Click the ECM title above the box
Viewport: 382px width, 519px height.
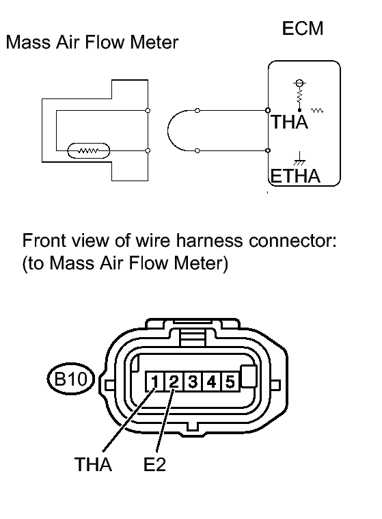pyautogui.click(x=303, y=29)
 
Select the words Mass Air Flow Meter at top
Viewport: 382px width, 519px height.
pyautogui.click(x=92, y=42)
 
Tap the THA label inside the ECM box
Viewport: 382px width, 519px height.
pyautogui.click(x=289, y=122)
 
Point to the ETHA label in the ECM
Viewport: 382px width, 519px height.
pyautogui.click(x=296, y=176)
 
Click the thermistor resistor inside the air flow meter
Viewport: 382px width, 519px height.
pyautogui.click(x=88, y=151)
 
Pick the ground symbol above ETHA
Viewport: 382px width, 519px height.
pyautogui.click(x=299, y=159)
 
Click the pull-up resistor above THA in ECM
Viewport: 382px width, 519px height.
pyautogui.click(x=299, y=96)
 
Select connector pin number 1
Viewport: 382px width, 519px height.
pyautogui.click(x=154, y=382)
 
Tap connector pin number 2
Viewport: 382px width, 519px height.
pyautogui.click(x=174, y=382)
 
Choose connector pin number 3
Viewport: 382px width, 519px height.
pyautogui.click(x=193, y=382)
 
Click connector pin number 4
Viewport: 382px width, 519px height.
pyautogui.click(x=211, y=382)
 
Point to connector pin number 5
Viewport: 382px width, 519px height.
pyautogui.click(x=230, y=382)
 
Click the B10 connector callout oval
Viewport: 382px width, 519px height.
pyautogui.click(x=71, y=379)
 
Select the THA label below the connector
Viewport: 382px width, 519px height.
pyautogui.click(x=93, y=464)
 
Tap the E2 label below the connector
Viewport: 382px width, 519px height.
pyautogui.click(x=154, y=464)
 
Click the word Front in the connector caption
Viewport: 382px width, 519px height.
pyautogui.click(x=43, y=241)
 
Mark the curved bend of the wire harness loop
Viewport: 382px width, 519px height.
pyautogui.click(x=168, y=131)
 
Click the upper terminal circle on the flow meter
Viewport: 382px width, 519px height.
pyautogui.click(x=148, y=111)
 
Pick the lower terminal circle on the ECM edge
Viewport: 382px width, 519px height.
pyautogui.click(x=268, y=150)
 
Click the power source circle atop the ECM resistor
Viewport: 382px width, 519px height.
pyautogui.click(x=299, y=83)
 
